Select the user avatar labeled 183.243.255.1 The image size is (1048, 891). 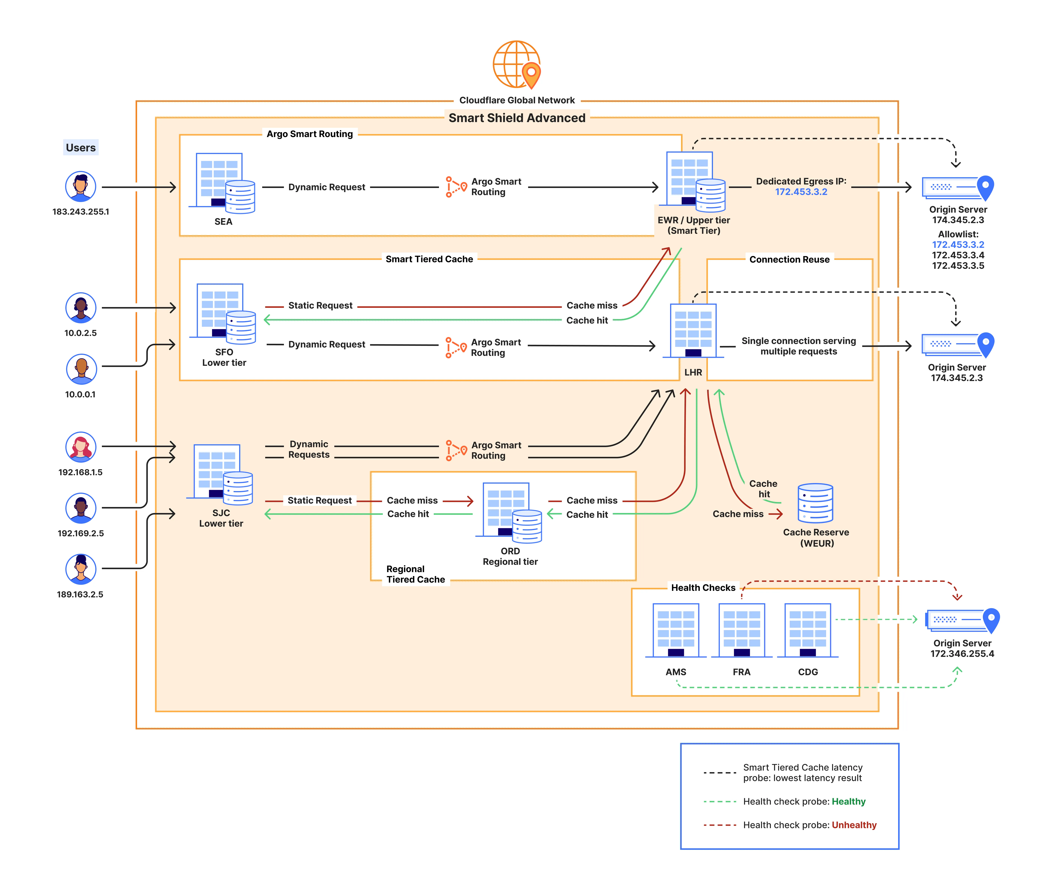pos(81,186)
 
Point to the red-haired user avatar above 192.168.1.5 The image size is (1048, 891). pos(81,447)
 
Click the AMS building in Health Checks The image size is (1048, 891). pos(676,630)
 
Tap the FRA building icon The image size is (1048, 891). pos(741,630)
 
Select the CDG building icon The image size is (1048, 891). pos(808,630)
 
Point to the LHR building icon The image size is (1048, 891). pos(693,331)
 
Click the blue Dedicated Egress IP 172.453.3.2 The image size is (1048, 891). pos(801,192)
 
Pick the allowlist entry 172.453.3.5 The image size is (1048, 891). pos(958,266)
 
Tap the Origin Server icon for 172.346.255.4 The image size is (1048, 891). pos(962,620)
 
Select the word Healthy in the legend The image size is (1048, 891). pos(848,802)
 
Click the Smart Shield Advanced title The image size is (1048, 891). pos(517,118)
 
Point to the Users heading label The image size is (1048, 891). pos(81,148)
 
